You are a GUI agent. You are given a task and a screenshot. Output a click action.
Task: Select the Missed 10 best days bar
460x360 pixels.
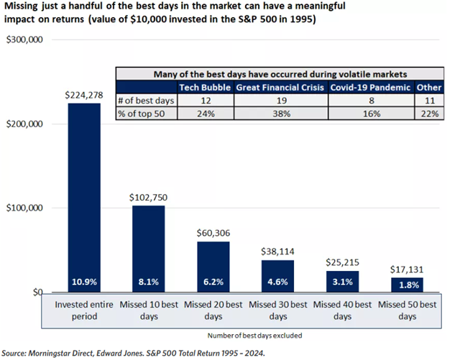pyautogui.click(x=149, y=249)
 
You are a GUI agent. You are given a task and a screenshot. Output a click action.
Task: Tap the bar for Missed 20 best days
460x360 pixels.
pyautogui.click(x=213, y=267)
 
